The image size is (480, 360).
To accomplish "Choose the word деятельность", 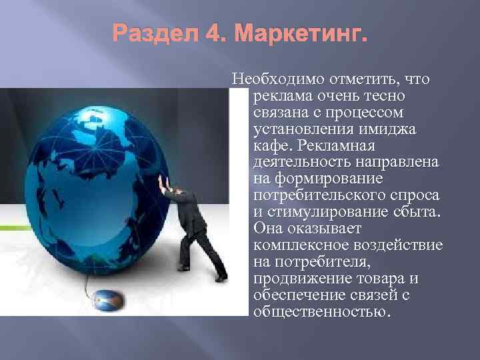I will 304,163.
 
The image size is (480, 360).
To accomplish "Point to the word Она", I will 269,228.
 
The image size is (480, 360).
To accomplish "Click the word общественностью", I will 321,311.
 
